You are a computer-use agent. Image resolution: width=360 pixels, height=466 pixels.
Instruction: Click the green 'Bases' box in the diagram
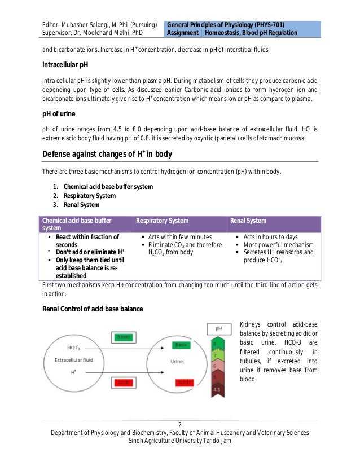122,337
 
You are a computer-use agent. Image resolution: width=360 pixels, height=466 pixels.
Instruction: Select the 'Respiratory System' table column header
163,221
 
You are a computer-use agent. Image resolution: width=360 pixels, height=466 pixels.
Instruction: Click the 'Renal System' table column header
248,221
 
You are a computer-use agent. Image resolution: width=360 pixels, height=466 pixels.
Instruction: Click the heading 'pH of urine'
59,114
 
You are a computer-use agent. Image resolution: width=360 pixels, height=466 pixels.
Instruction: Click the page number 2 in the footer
179,425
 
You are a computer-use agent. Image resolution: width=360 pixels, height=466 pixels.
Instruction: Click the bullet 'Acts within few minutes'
180,237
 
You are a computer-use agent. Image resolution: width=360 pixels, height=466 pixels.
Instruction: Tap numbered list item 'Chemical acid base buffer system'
108,187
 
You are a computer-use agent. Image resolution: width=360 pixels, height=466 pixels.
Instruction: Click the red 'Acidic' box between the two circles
122,382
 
